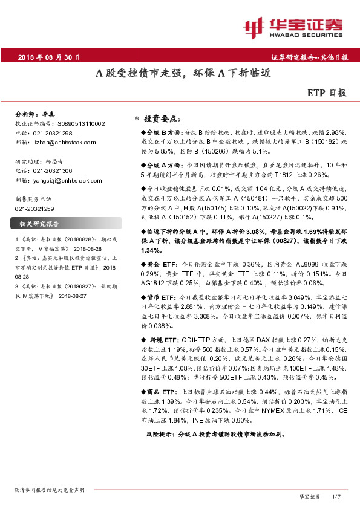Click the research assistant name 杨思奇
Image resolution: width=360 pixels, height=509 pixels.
(x=54, y=162)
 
